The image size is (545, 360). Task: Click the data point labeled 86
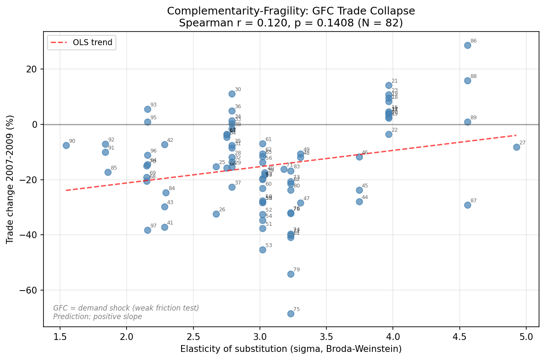click(467, 45)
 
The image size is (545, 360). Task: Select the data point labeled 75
click(291, 314)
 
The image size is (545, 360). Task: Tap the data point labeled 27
click(516, 147)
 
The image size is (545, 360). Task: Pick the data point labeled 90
click(66, 145)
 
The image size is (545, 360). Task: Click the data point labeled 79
click(291, 274)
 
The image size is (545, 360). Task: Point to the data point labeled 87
click(467, 205)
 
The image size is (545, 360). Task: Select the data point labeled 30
click(232, 94)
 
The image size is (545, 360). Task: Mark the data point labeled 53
click(262, 250)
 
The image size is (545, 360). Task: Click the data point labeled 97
click(147, 230)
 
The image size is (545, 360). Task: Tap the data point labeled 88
click(467, 81)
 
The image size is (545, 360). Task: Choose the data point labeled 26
click(216, 214)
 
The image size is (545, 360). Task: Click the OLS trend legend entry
click(81, 43)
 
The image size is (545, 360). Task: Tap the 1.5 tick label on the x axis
click(60, 336)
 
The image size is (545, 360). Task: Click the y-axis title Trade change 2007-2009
click(10, 179)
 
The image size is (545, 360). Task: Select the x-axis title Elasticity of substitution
click(291, 349)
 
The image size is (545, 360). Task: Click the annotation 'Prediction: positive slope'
click(98, 317)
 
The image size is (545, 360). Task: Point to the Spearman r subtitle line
click(291, 23)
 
